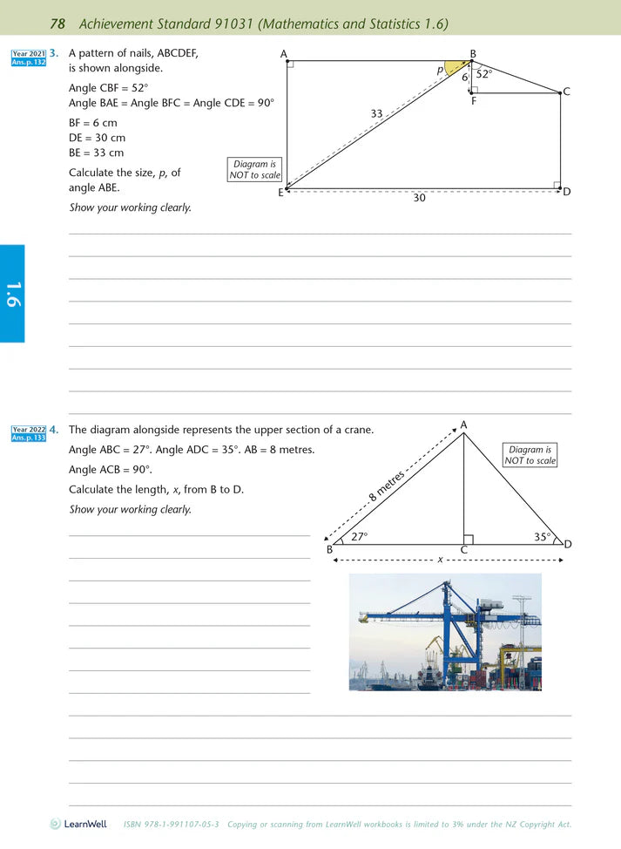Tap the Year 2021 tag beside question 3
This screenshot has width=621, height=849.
click(x=29, y=54)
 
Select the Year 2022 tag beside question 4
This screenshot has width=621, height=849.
click(x=29, y=430)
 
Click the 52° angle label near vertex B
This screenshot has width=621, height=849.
click(x=484, y=74)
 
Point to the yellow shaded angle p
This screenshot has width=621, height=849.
click(x=456, y=68)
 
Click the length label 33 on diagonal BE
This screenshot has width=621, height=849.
click(x=376, y=113)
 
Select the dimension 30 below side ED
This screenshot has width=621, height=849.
click(x=419, y=199)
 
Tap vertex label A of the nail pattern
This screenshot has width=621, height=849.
click(x=284, y=54)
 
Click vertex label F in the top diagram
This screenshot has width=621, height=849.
click(x=474, y=101)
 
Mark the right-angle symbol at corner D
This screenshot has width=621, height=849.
click(x=557, y=184)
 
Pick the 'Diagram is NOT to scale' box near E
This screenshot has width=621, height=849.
click(x=254, y=169)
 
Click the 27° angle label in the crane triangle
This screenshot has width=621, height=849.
click(x=359, y=537)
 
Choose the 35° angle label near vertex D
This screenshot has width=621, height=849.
click(x=542, y=537)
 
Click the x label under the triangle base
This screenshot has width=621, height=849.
click(x=440, y=559)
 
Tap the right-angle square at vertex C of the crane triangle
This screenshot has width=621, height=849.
click(x=469, y=540)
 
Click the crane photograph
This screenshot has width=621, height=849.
click(x=445, y=632)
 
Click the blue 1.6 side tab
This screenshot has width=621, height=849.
click(x=12, y=294)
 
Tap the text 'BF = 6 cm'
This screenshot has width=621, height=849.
click(x=92, y=123)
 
